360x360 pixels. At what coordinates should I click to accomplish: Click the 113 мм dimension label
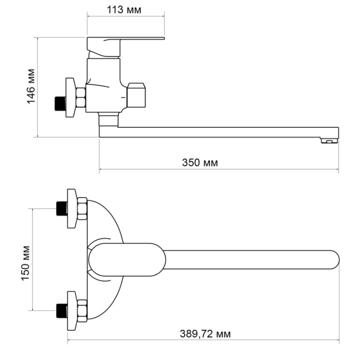pos(124,10)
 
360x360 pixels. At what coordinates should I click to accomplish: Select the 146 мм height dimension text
pos(31,86)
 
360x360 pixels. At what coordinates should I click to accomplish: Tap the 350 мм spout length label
pos(200,163)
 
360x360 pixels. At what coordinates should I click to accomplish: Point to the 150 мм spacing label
pos(25,263)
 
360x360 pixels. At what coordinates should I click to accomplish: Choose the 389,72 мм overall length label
pos(205,334)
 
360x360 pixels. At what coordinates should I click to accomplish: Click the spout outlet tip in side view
pos(329,140)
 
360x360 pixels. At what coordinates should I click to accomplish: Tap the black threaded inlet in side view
pos(60,104)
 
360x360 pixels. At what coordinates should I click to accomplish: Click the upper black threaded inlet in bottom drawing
pos(62,208)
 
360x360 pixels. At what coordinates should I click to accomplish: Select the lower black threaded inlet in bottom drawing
pos(62,311)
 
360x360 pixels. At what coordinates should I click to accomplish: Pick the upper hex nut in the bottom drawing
pos(82,208)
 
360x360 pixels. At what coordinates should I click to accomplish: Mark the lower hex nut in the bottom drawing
pos(82,311)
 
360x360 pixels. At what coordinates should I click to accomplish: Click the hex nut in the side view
pos(81,97)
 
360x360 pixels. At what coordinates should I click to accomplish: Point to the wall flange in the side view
pos(71,98)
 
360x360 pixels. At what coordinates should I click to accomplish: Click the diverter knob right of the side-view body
pos(136,95)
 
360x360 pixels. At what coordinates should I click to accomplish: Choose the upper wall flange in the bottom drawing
pos(72,208)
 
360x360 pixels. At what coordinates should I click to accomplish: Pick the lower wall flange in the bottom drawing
pos(72,311)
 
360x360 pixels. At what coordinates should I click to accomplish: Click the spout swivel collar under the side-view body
pos(108,120)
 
